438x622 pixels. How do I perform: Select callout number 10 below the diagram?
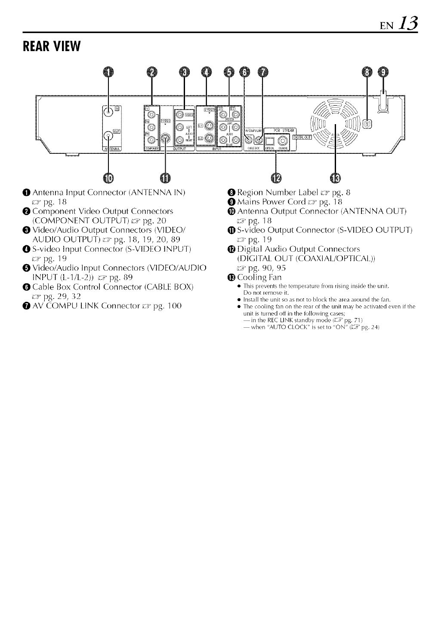pyautogui.click(x=108, y=177)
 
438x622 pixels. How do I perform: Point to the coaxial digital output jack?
pyautogui.click(x=283, y=140)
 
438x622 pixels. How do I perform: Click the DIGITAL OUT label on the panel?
pyautogui.click(x=302, y=137)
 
